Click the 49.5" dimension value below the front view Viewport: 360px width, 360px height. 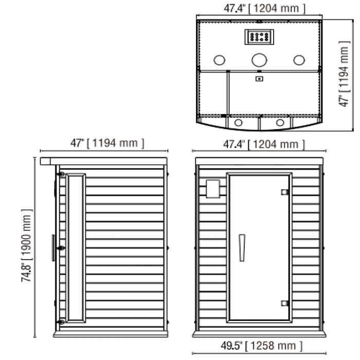click(231, 346)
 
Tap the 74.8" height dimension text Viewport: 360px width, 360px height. click(26, 273)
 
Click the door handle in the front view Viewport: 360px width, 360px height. click(242, 248)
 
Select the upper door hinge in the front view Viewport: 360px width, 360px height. click(285, 192)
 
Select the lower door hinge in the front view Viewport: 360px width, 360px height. click(285, 303)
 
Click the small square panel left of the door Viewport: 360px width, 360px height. click(213, 189)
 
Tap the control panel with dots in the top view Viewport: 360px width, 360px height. click(259, 37)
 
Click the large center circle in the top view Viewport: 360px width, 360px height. click(259, 60)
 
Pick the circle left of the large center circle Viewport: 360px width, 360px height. click(219, 60)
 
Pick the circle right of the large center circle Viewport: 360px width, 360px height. click(299, 60)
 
